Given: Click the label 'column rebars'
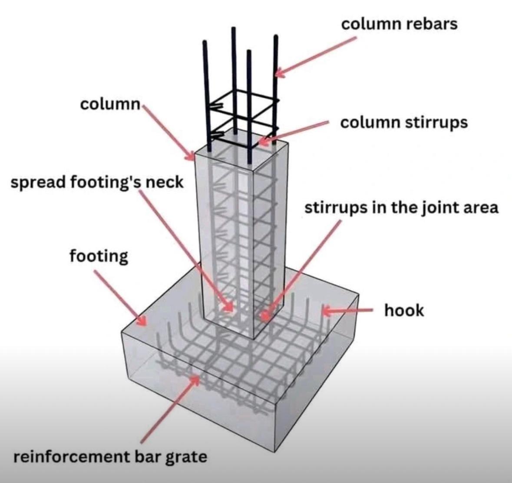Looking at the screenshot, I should [399, 23].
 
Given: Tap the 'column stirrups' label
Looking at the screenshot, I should [404, 123].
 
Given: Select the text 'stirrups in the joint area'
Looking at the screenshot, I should [401, 208].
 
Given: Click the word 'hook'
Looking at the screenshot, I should [404, 310].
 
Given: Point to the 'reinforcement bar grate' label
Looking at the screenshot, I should [110, 457].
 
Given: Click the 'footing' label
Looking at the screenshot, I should [99, 256].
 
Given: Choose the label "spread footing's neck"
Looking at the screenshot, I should [97, 182].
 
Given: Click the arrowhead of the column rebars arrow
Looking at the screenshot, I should [278, 73].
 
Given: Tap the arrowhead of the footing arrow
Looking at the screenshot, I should [142, 322].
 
